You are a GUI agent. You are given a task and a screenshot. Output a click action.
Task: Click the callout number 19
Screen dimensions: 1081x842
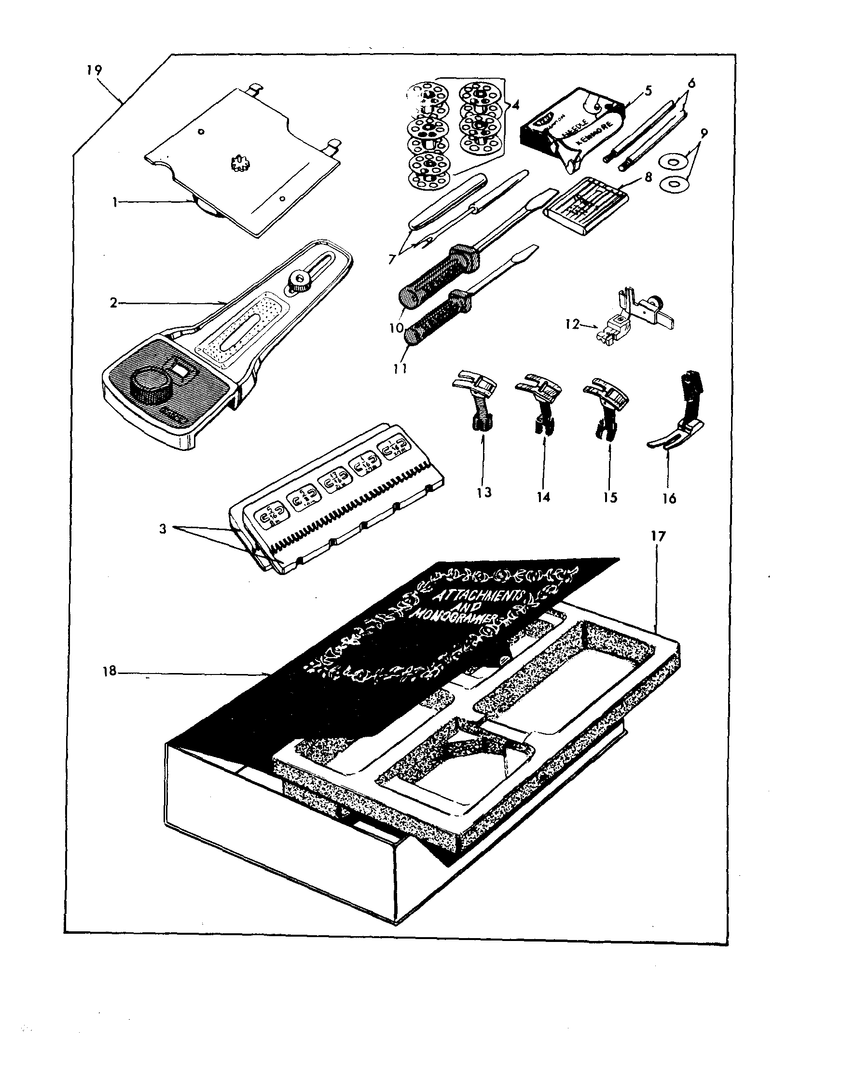pyautogui.click(x=94, y=70)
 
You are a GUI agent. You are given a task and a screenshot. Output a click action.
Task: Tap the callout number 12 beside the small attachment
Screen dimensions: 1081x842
pyautogui.click(x=572, y=325)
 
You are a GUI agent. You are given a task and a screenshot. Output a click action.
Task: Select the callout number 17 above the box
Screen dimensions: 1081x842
pyautogui.click(x=659, y=536)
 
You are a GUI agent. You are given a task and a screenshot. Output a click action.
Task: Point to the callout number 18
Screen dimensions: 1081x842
pyautogui.click(x=110, y=671)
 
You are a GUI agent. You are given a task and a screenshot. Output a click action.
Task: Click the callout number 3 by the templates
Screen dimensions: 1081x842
pyautogui.click(x=163, y=528)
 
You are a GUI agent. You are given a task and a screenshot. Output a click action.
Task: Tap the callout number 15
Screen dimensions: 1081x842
pyautogui.click(x=610, y=497)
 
